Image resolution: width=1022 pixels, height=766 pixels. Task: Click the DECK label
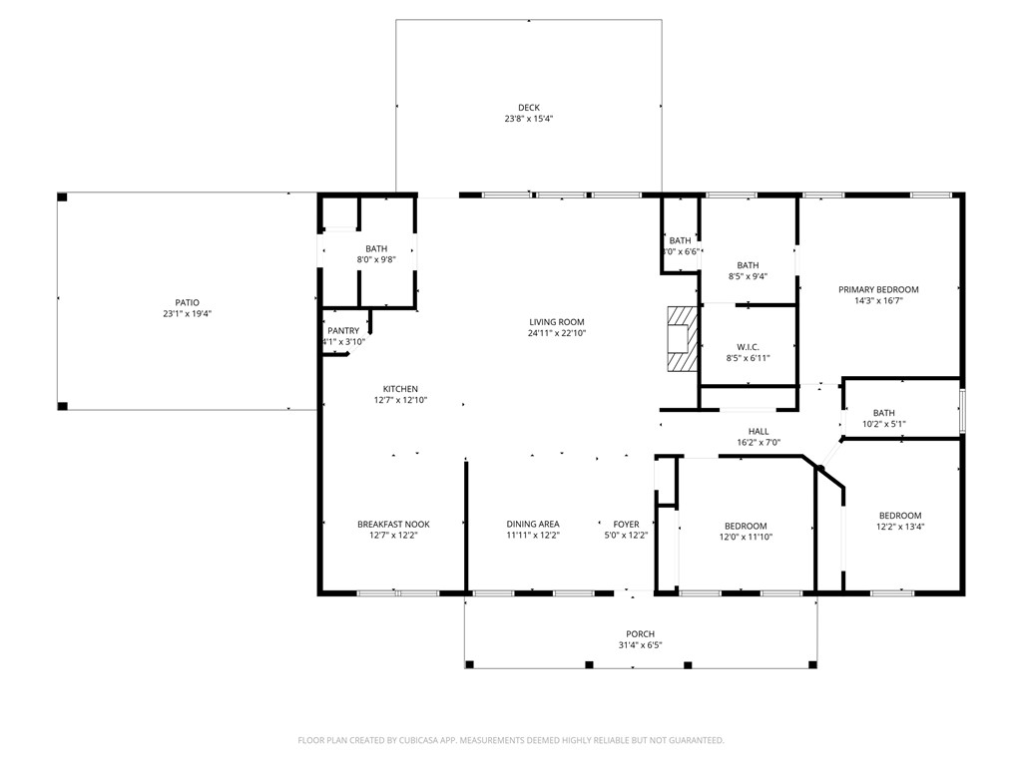pyautogui.click(x=528, y=108)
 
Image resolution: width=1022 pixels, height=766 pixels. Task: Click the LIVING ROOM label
pyautogui.click(x=556, y=322)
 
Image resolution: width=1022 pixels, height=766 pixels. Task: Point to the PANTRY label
pyautogui.click(x=342, y=331)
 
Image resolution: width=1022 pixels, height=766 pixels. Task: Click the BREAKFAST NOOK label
pyautogui.click(x=393, y=525)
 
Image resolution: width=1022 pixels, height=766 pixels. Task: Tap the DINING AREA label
pyautogui.click(x=533, y=525)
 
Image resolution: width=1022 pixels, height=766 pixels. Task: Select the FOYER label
pyautogui.click(x=626, y=525)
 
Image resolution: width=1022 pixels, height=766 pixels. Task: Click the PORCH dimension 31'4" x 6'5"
pyautogui.click(x=640, y=645)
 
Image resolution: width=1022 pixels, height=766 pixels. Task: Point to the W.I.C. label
pyautogui.click(x=748, y=347)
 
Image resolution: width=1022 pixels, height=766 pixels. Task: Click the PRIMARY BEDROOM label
pyautogui.click(x=878, y=289)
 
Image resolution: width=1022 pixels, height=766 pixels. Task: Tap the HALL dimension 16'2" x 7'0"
pyautogui.click(x=759, y=442)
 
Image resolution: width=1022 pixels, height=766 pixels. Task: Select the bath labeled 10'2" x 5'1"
pyautogui.click(x=883, y=413)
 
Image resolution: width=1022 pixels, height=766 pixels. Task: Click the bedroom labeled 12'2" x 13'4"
pyautogui.click(x=899, y=516)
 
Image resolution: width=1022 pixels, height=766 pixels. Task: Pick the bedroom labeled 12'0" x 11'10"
pyautogui.click(x=746, y=526)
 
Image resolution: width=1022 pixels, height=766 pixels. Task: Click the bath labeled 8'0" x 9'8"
pyautogui.click(x=376, y=249)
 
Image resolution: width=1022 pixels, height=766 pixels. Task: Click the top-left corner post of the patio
pyautogui.click(x=62, y=197)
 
